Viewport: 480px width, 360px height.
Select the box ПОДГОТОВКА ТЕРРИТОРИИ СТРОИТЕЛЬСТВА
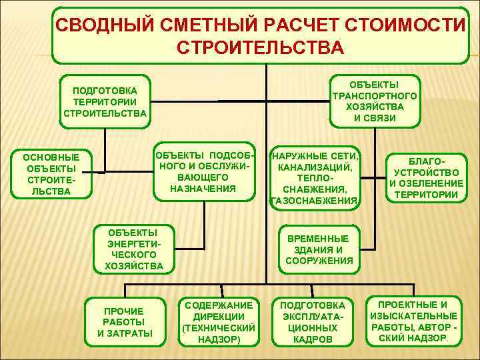(105, 101)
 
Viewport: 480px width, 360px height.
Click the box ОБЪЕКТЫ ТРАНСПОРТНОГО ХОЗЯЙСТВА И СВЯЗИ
(374, 101)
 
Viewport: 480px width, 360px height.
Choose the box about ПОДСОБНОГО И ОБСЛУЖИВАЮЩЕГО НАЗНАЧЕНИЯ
(204, 172)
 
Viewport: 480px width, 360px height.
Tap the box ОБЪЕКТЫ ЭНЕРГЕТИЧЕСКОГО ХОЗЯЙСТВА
(134, 249)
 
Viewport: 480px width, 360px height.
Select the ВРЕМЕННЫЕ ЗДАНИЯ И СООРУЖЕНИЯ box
(319, 249)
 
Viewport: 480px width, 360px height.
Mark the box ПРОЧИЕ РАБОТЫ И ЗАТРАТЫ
(125, 322)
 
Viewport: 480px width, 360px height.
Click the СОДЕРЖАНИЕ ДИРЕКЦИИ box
(219, 321)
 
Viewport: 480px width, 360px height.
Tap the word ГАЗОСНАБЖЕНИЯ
(315, 200)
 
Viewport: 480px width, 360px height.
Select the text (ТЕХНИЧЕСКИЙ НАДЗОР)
(219, 333)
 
